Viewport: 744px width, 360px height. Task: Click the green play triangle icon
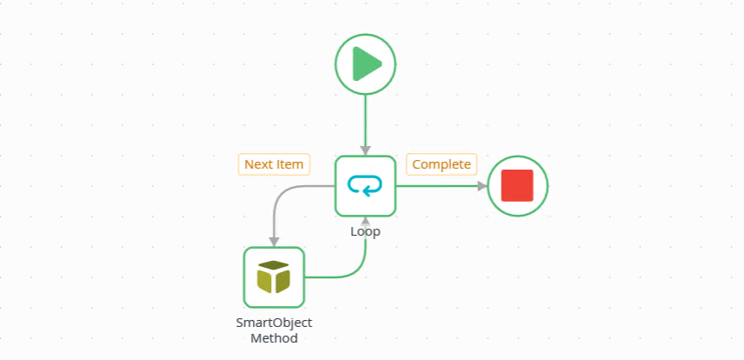pyautogui.click(x=367, y=64)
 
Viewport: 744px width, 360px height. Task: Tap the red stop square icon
pyautogui.click(x=517, y=185)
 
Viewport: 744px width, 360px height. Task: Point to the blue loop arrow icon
pyautogui.click(x=365, y=185)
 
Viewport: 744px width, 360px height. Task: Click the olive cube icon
pyautogui.click(x=273, y=277)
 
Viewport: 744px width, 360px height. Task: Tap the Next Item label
pyautogui.click(x=274, y=164)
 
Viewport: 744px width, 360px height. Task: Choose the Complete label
pyautogui.click(x=442, y=164)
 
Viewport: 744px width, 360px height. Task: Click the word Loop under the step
pyautogui.click(x=365, y=232)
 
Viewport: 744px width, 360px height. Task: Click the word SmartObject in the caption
pyautogui.click(x=274, y=323)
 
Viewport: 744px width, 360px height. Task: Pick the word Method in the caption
pyautogui.click(x=274, y=338)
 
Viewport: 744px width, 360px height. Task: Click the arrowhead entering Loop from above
pyautogui.click(x=365, y=150)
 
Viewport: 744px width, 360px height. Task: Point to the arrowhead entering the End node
pyautogui.click(x=482, y=185)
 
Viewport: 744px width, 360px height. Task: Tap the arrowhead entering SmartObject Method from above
pyautogui.click(x=274, y=242)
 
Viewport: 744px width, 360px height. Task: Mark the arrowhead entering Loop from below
pyautogui.click(x=365, y=221)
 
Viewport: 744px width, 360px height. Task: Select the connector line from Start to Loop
pyautogui.click(x=365, y=117)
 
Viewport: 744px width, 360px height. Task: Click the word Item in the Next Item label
pyautogui.click(x=291, y=164)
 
